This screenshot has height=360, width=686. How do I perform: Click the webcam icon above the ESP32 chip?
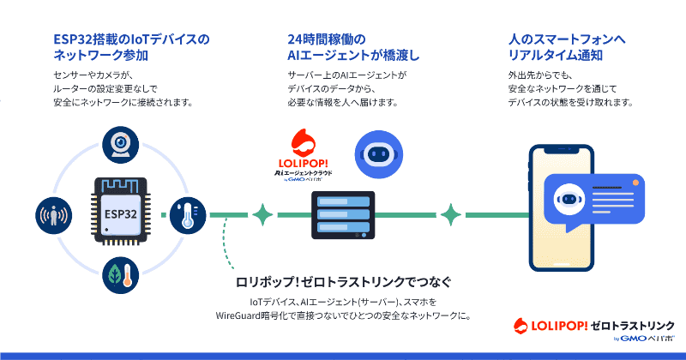pos(120,145)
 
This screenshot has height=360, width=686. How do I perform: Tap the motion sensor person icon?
pos(54,215)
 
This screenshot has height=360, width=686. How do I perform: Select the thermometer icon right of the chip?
pos(188,215)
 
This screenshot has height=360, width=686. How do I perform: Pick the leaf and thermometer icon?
pos(120,275)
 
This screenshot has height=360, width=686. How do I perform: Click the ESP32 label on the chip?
pos(120,214)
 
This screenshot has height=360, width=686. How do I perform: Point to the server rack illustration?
pos(343,215)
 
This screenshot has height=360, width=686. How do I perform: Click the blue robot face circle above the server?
pos(378,154)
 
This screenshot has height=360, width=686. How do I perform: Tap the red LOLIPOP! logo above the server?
pos(304,154)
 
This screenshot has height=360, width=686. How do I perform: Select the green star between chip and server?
pos(262,215)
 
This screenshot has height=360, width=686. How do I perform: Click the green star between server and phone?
pos(451,215)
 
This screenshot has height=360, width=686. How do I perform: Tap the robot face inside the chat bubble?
pos(569,200)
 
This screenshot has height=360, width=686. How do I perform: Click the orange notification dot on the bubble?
pos(635,183)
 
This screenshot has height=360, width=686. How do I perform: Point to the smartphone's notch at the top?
pos(562,150)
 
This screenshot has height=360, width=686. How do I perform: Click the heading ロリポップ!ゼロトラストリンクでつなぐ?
pos(344,282)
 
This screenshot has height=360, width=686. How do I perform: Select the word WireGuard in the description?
pos(238,315)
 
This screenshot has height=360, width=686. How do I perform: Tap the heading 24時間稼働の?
pos(327,39)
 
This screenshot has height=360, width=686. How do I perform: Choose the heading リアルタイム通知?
pos(555,56)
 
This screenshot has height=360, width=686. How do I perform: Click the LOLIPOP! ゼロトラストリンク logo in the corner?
pos(593,329)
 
